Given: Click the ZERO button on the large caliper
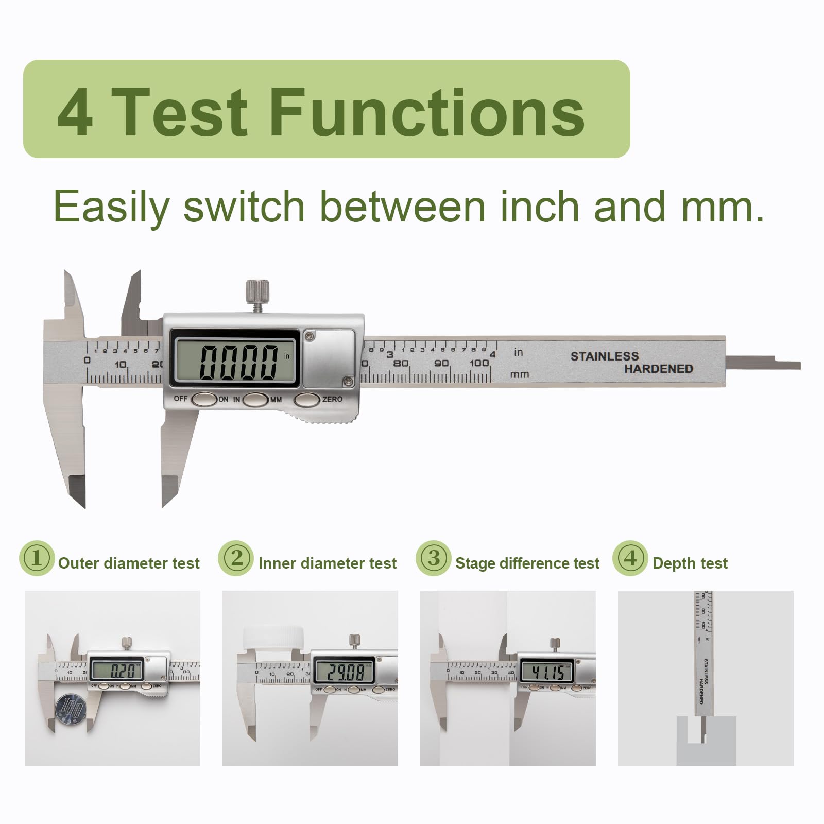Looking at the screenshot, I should click(x=307, y=400).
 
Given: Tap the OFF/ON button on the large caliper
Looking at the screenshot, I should click(x=204, y=400).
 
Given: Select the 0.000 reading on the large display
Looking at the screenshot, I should click(x=238, y=362).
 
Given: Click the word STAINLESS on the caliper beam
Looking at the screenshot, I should click(x=604, y=356).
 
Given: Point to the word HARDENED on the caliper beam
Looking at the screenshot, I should click(x=658, y=369).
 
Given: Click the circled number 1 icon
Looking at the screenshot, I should click(x=37, y=558).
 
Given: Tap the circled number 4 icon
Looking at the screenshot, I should click(x=630, y=558).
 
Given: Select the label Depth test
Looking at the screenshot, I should click(x=690, y=563).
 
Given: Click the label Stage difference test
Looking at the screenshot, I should click(x=527, y=563).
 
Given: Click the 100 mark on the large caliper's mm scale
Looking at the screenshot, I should click(x=479, y=363).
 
